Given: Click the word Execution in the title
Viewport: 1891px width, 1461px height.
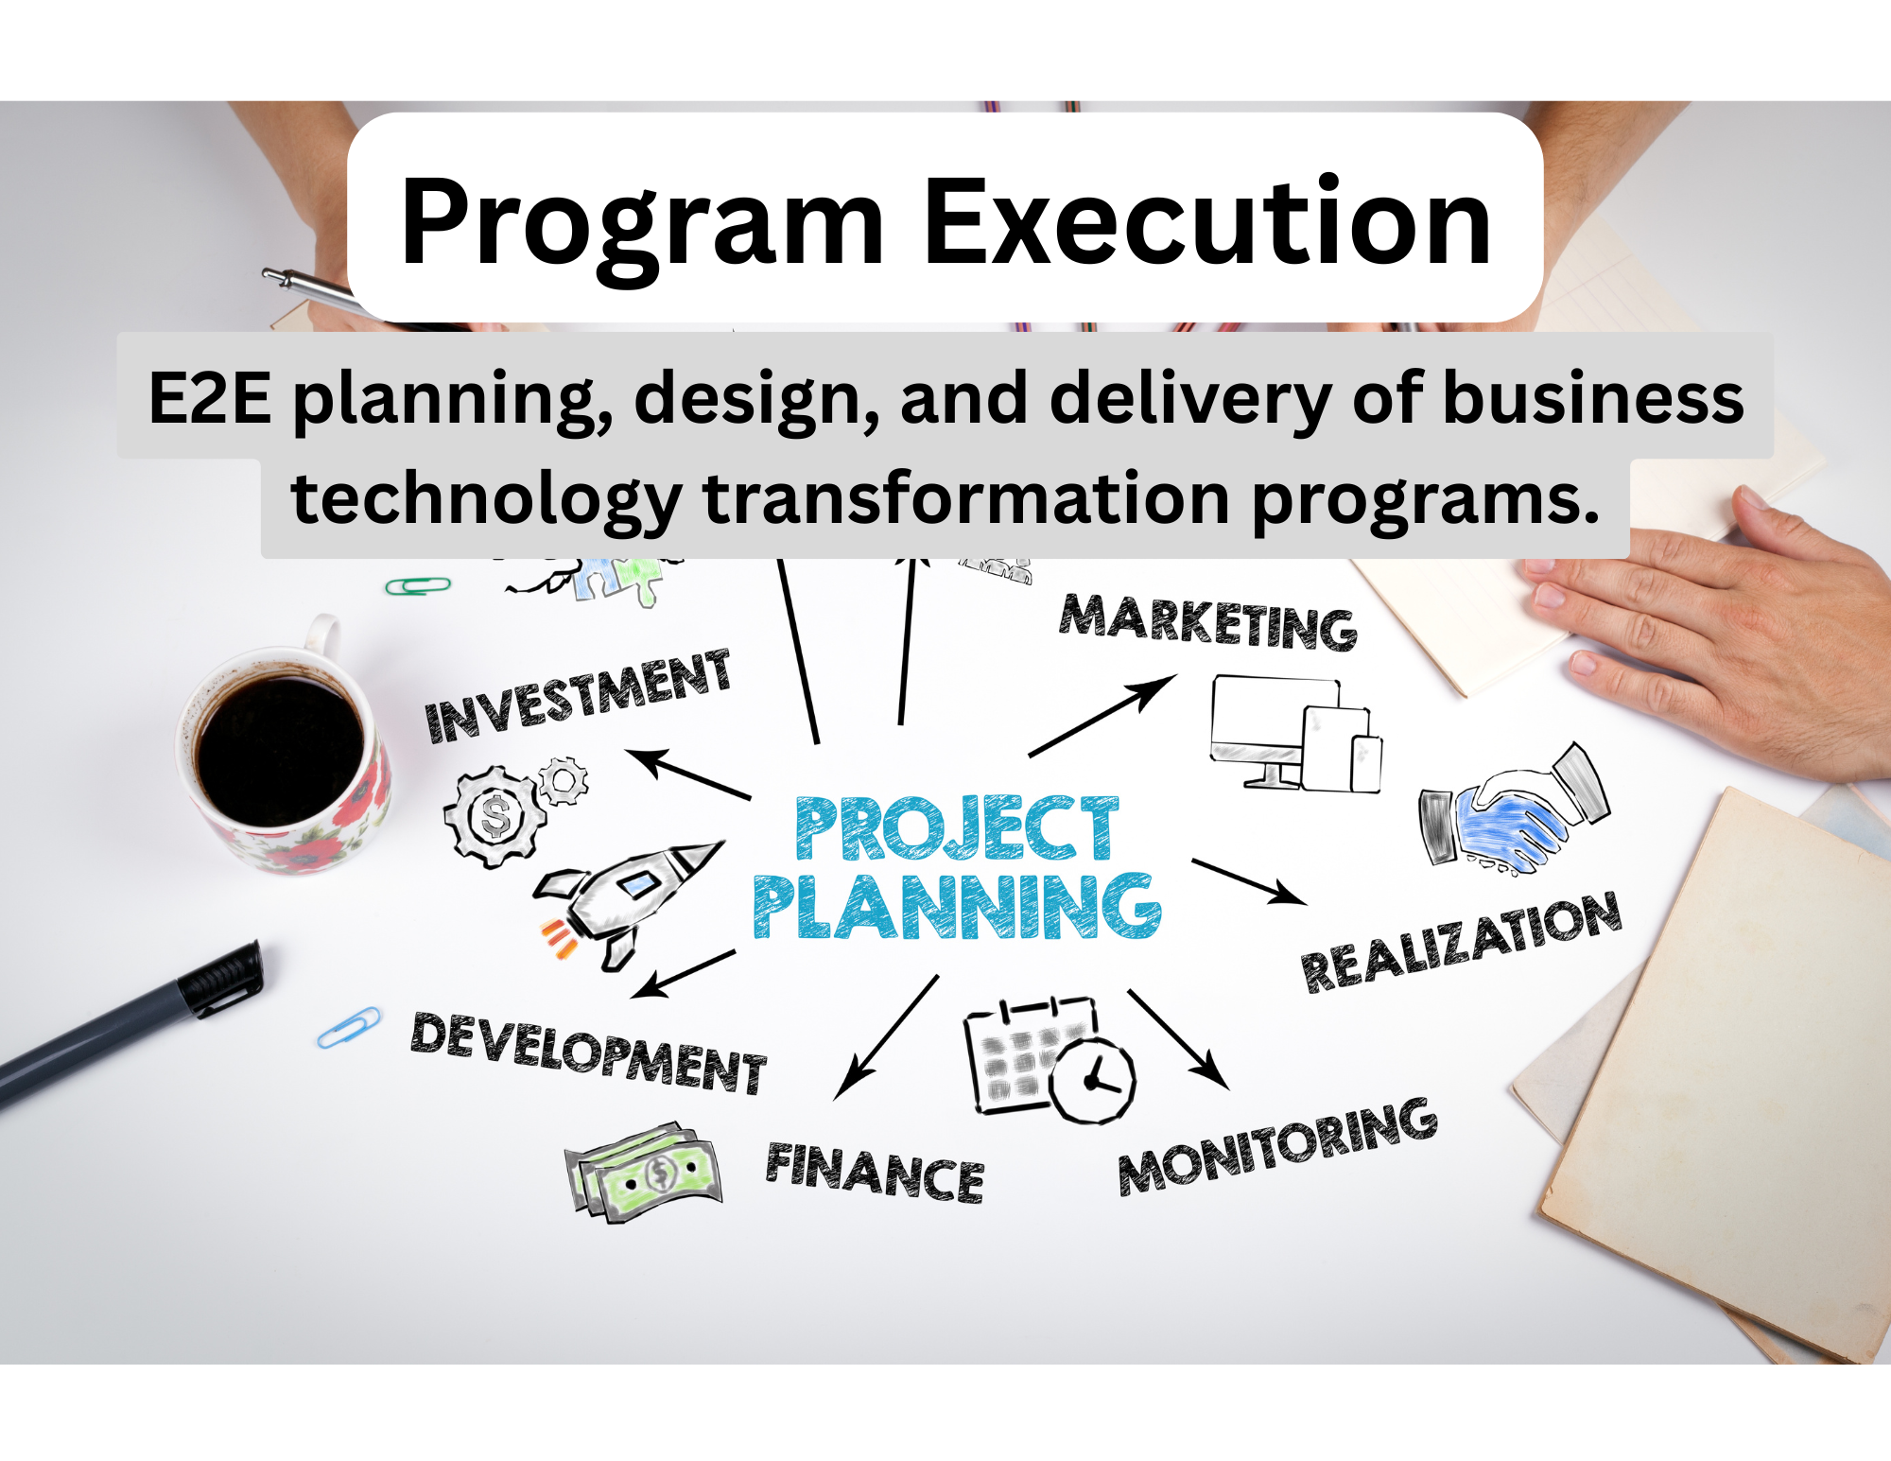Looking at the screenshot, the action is [1207, 223].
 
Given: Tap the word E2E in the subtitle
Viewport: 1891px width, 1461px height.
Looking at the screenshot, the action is [210, 397].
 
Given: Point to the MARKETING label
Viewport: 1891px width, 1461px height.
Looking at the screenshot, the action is [1208, 621].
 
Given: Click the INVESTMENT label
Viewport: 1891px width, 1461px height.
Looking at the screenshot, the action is [578, 696].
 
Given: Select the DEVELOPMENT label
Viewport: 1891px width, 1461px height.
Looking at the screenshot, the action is [588, 1052].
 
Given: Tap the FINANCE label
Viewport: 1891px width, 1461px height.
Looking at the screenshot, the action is [875, 1173].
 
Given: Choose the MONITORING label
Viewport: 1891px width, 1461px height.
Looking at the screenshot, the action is [1277, 1145].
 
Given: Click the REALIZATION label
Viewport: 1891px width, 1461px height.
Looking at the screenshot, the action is [1462, 942].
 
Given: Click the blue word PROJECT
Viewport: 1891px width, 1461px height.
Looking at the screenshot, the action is [957, 828].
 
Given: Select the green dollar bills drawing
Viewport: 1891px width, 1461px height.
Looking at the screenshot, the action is [643, 1173].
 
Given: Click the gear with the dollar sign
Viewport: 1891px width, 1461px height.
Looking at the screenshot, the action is [494, 816].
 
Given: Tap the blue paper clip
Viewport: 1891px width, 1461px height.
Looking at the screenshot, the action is [349, 1027].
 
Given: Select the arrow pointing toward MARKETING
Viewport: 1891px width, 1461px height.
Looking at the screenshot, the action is [1102, 716].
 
